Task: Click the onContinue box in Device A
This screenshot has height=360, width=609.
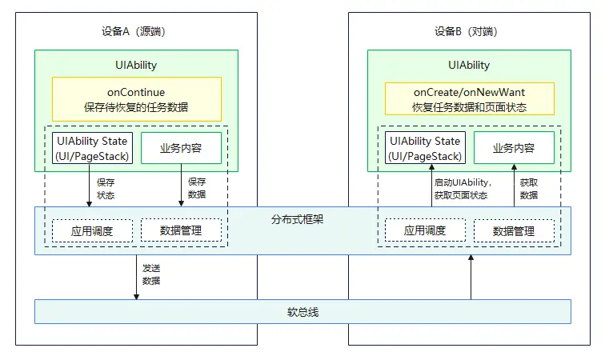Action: pos(136,99)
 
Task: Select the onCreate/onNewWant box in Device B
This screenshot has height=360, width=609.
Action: pos(470,99)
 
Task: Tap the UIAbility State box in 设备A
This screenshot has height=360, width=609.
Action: pos(92,148)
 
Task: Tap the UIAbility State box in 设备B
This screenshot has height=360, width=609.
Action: pos(425,148)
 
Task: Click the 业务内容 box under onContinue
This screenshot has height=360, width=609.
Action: pos(180,148)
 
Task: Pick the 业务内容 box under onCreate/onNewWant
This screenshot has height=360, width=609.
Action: pos(513,148)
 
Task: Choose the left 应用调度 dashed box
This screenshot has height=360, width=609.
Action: pos(92,230)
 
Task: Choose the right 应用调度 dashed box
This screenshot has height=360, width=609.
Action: pos(425,230)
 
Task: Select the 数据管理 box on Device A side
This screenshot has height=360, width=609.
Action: pos(180,230)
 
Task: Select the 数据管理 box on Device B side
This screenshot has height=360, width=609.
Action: pos(513,230)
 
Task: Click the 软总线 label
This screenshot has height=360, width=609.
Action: pos(302,311)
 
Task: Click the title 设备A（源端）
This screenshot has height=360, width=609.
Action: pos(136,32)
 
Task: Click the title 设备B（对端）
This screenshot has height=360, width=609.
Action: pos(469,32)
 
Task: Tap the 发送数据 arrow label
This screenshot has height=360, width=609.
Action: pos(151,274)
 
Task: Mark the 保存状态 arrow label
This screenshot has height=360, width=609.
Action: pos(106,188)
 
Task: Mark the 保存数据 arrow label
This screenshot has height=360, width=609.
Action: pos(196,188)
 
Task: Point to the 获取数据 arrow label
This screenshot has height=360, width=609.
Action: pos(529,188)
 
